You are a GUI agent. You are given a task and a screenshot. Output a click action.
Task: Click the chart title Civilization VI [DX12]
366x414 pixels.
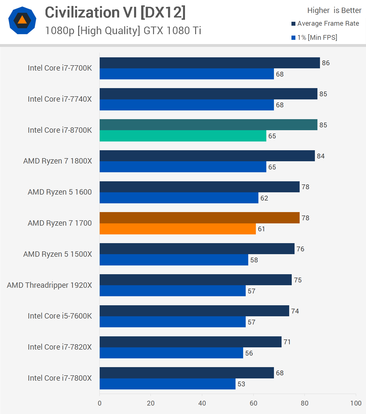point(115,12)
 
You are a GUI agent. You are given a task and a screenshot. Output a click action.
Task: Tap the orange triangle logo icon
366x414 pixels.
point(22,20)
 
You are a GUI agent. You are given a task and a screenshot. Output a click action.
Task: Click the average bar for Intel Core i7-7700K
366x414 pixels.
point(210,63)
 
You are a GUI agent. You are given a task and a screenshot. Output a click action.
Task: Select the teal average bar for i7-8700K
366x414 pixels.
point(208,125)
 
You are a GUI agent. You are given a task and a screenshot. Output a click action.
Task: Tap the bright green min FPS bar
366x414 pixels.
point(183,136)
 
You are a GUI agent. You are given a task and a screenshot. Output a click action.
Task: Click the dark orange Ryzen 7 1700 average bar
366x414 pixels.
point(199,218)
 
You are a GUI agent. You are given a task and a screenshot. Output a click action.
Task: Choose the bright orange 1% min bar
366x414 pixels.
point(178,229)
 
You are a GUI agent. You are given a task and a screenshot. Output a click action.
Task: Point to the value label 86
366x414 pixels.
point(326,63)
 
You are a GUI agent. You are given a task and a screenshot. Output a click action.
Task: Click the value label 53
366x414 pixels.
point(241,384)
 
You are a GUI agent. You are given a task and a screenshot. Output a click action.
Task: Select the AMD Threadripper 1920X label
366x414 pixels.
point(49,285)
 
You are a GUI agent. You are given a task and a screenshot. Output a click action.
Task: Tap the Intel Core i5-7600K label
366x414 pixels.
point(60,316)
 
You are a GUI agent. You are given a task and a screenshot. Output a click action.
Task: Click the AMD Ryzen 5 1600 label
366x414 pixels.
point(60,192)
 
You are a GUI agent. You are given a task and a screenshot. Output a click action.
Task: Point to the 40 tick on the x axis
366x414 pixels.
point(202,403)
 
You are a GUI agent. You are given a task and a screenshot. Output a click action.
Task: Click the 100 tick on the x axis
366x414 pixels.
point(356,403)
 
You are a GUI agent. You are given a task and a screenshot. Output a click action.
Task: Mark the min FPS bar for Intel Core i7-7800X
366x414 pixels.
point(167,384)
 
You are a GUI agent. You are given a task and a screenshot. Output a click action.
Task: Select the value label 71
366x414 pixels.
point(287,342)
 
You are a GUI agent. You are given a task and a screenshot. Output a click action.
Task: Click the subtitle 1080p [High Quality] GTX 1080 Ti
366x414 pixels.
point(123,30)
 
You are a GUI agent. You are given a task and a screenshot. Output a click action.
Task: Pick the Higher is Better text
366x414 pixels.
point(334,10)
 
